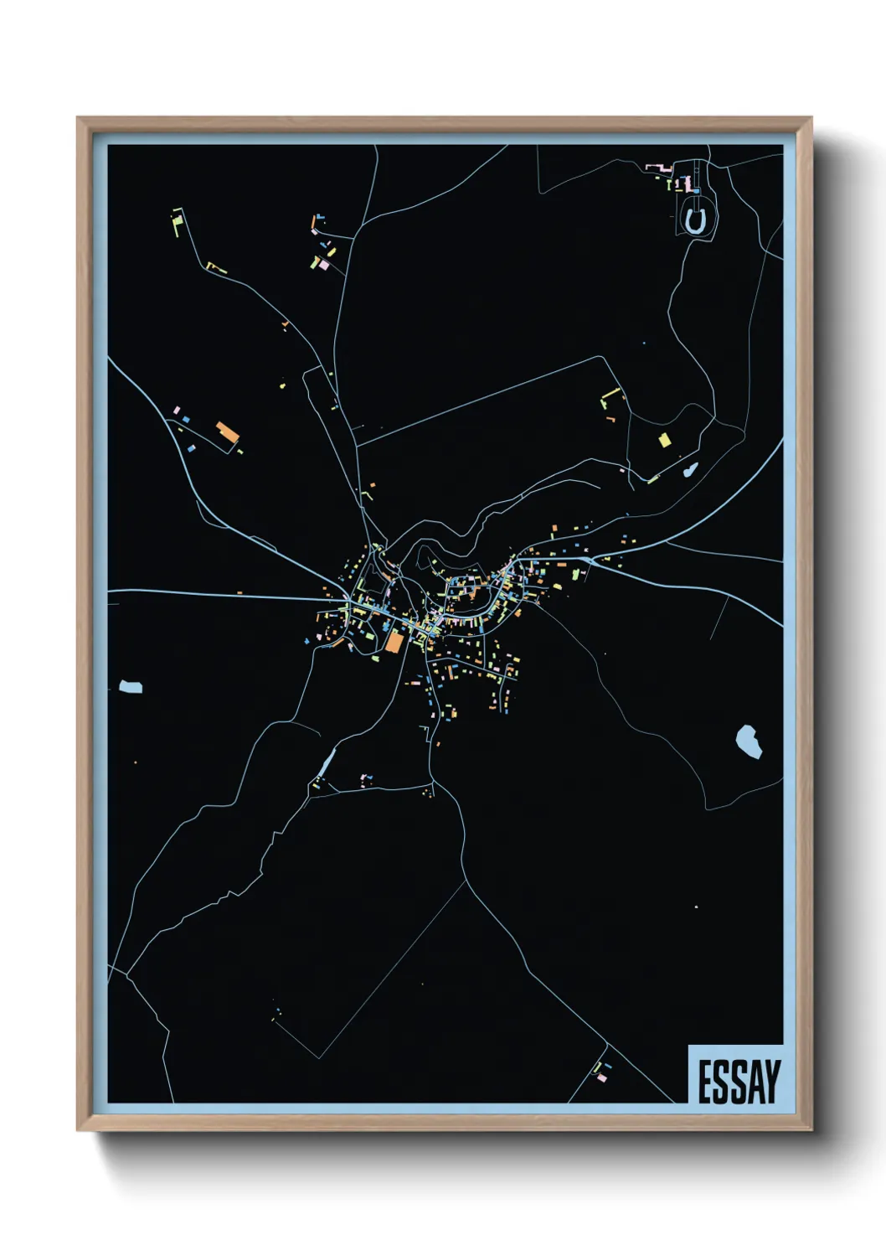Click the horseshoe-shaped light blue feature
coord(694,221)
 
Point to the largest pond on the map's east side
coord(748,741)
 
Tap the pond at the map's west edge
coord(130,687)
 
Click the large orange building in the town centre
coord(394,642)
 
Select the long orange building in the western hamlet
coord(227,433)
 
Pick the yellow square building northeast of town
coord(665,440)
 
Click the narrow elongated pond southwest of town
coord(326,763)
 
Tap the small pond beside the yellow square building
coord(690,470)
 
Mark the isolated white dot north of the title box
coord(696,907)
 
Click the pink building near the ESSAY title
coord(600,1077)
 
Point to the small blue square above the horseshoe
coord(697,191)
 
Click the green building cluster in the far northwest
coord(178,220)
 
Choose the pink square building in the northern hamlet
coord(324,265)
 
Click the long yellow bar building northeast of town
coord(611,392)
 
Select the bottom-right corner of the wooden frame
coord(811,1130)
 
